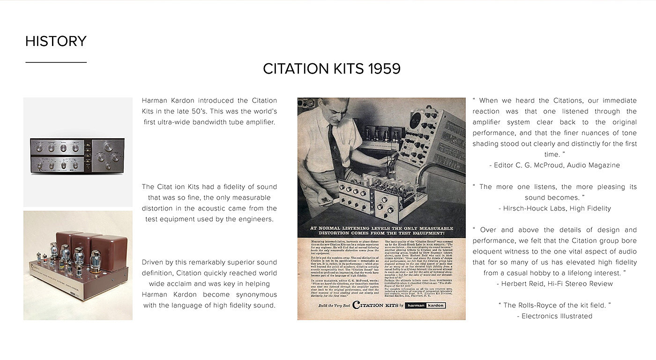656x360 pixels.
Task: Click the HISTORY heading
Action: point(56,41)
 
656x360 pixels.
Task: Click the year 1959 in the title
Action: point(384,69)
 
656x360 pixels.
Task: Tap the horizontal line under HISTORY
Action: point(56,62)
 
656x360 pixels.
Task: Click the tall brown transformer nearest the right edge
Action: point(108,252)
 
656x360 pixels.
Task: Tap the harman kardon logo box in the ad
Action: point(425,305)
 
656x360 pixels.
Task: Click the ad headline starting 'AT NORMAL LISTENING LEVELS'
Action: point(382,230)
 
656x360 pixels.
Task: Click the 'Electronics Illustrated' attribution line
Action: point(555,316)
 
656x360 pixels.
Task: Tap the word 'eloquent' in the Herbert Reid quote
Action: point(489,251)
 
